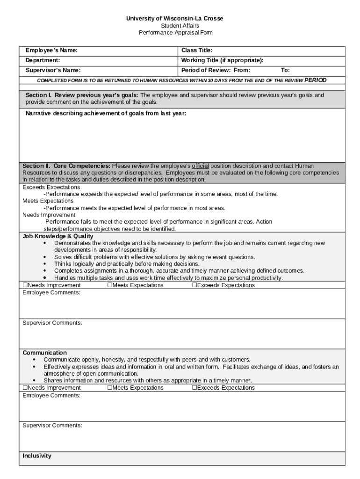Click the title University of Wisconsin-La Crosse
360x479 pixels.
(x=174, y=18)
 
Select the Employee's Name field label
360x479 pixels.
(x=51, y=51)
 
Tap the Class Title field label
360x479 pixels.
(x=197, y=51)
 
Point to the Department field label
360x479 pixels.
(x=43, y=60)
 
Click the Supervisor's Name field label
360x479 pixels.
(x=53, y=71)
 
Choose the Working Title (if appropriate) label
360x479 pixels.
(x=222, y=60)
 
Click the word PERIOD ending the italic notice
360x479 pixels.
(x=316, y=80)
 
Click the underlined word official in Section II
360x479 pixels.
(x=201, y=166)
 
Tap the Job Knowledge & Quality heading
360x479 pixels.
(x=58, y=237)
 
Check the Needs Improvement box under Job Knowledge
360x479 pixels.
(x=25, y=285)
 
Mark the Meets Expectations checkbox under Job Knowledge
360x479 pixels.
(x=110, y=285)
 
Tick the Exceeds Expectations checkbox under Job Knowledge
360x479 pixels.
(x=194, y=285)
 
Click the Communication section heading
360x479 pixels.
(x=45, y=353)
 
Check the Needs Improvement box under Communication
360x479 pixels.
(x=25, y=388)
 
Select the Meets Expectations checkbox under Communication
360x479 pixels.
(x=110, y=388)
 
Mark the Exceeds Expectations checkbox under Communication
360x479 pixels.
(x=194, y=388)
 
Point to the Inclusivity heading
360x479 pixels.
(x=37, y=456)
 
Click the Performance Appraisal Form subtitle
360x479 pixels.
(x=175, y=33)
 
